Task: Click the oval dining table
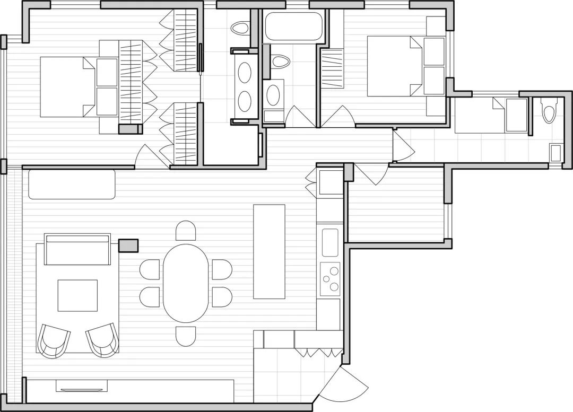(x=186, y=283)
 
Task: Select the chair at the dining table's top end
(x=186, y=231)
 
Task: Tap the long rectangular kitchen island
(x=269, y=251)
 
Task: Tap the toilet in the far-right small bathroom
(x=548, y=112)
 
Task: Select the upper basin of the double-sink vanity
(x=245, y=73)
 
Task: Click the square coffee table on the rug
(x=77, y=295)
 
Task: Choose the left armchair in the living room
(x=54, y=340)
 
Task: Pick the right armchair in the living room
(x=102, y=339)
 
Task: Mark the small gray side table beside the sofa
(x=128, y=246)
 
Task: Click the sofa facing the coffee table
(x=77, y=249)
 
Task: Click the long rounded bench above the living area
(x=72, y=184)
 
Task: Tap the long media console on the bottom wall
(x=130, y=390)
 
